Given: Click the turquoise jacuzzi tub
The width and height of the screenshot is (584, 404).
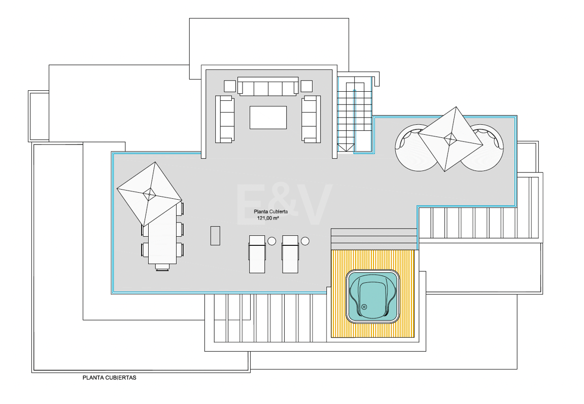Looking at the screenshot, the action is tap(373, 297).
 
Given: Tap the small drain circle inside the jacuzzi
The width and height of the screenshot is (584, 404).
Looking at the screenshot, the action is tap(364, 307).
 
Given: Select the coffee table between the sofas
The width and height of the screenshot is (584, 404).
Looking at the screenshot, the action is tap(268, 118).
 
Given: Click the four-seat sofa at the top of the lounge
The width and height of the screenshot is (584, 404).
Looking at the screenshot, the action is tap(268, 86).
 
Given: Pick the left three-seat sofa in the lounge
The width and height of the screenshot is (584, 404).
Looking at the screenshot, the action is tap(225, 119).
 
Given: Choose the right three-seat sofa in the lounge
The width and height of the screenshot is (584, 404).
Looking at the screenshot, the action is tap(311, 119).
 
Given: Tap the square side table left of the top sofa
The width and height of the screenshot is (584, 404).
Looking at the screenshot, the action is tap(230, 86).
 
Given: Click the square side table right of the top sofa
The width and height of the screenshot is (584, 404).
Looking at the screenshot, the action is tap(306, 86).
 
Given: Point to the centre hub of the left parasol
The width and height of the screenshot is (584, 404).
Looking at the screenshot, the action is tap(149, 194).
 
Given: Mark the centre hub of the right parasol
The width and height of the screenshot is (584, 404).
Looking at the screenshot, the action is tap(450, 139).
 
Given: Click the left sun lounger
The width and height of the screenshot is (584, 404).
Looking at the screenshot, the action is tap(257, 254).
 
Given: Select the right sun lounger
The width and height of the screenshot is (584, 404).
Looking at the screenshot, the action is tap(290, 254).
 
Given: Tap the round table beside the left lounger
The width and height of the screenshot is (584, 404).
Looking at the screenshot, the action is tap(272, 241).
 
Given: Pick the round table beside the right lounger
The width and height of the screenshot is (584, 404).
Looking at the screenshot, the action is tap(305, 241).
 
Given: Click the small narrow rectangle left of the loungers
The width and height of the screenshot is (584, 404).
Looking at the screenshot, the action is tap(215, 236).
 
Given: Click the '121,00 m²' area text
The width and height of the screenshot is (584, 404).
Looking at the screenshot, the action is tap(268, 218).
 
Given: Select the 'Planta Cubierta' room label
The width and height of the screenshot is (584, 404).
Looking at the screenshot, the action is tap(271, 211).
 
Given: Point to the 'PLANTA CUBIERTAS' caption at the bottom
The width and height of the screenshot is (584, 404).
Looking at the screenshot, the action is tap(110, 378).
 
